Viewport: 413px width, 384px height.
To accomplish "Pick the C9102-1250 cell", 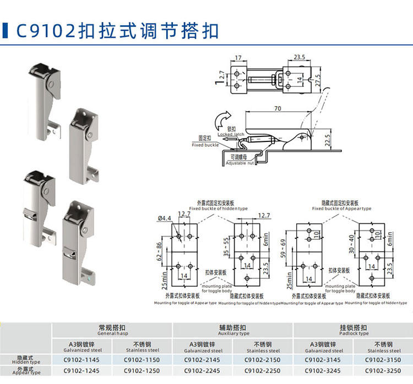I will (x=142, y=371).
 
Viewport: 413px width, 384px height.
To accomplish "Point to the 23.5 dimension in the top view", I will (x=299, y=57).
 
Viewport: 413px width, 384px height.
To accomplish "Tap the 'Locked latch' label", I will (x=231, y=131).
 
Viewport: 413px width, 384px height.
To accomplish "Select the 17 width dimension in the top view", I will (x=238, y=57).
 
